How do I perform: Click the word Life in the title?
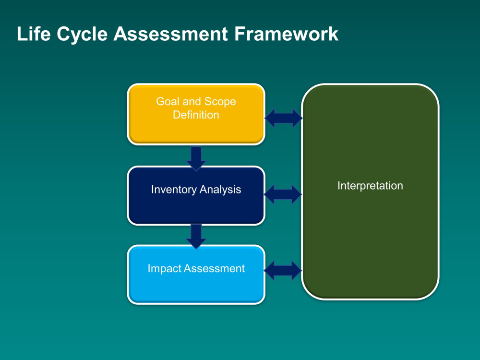tap(34, 34)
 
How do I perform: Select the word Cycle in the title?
tap(82, 34)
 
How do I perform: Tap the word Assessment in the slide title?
tap(171, 34)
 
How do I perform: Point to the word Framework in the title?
tap(286, 34)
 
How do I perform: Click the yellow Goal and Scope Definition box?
tap(196, 114)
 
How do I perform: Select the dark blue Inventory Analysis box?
tap(196, 196)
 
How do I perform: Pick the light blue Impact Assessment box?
tap(196, 275)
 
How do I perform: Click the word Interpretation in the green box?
tap(370, 186)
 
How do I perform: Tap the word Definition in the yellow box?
tap(196, 115)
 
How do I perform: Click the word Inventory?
tap(174, 190)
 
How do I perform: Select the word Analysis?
tap(220, 190)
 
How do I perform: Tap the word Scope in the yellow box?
tap(220, 102)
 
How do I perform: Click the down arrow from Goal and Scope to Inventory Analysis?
tap(196, 158)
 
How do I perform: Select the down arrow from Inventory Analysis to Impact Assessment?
tap(196, 236)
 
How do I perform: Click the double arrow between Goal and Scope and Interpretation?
tap(283, 118)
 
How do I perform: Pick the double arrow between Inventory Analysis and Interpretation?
tap(283, 194)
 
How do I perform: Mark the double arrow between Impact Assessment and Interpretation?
tap(283, 270)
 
